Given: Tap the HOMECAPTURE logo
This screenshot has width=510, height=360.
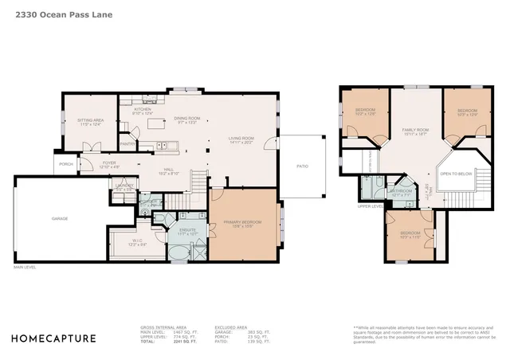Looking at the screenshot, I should point(53,338).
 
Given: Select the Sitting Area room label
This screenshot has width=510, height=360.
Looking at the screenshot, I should point(90,121).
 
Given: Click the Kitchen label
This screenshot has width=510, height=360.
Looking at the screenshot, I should point(142,111).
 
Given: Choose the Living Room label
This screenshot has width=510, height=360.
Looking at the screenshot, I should point(240,140).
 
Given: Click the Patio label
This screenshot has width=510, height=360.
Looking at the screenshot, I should point(302,166).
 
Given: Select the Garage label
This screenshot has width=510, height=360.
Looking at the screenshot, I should point(60,218).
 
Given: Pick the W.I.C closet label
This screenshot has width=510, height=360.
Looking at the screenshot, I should point(138,242).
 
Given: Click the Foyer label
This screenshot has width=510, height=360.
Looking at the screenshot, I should point(109,165).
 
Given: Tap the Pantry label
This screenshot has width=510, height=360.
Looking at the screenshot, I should point(127,144).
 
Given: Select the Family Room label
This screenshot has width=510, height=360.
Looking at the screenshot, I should point(414,131).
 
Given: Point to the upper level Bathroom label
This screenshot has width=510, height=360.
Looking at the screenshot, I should point(400,192).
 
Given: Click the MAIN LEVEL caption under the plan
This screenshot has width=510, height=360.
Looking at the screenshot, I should point(25,268).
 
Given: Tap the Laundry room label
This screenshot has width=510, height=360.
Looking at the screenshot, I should point(124,187).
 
